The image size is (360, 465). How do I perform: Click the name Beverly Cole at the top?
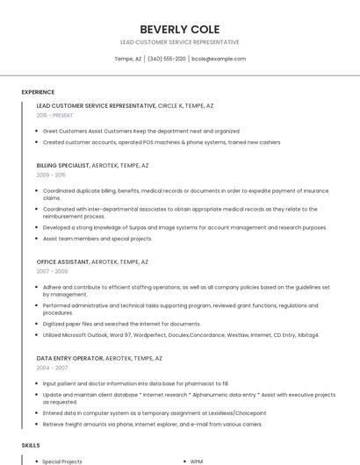tap(179, 29)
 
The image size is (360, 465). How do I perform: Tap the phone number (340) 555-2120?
tap(167, 59)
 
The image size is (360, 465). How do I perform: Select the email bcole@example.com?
tap(218, 59)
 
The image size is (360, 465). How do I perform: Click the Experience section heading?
tap(38, 92)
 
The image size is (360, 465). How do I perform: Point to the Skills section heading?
tap(31, 446)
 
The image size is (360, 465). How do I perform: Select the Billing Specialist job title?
tap(63, 165)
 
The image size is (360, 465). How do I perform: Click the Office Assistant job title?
tap(62, 261)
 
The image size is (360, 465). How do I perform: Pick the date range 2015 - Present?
tap(55, 115)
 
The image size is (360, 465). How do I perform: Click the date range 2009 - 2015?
tap(51, 175)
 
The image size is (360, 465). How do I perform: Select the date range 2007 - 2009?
tap(52, 271)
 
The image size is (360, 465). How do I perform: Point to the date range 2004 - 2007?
tap(52, 368)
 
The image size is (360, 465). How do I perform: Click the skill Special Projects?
tap(62, 461)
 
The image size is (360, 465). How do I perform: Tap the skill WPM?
tap(198, 461)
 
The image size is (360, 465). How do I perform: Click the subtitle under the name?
tap(179, 42)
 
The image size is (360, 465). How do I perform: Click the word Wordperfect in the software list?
tap(150, 334)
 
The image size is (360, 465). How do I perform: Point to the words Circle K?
tap(171, 105)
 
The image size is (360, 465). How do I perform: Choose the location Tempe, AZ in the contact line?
tap(127, 59)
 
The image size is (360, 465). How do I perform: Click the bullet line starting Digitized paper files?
tap(109, 324)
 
